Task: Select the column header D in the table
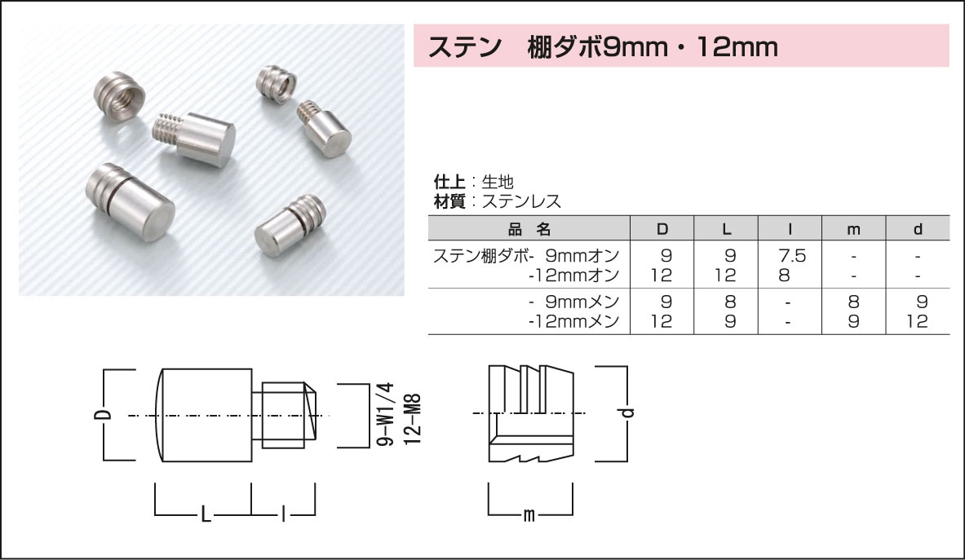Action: pyautogui.click(x=662, y=229)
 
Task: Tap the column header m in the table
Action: pyautogui.click(x=853, y=229)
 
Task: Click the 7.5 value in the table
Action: pyautogui.click(x=790, y=256)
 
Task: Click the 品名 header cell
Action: pyautogui.click(x=529, y=229)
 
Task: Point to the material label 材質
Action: pyautogui.click(x=448, y=201)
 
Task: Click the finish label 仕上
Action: pyautogui.click(x=448, y=182)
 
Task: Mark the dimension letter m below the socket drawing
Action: pyautogui.click(x=529, y=515)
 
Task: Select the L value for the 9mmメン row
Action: pyautogui.click(x=726, y=302)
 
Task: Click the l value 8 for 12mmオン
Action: pyautogui.click(x=785, y=275)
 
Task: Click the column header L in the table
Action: pyautogui.click(x=726, y=229)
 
